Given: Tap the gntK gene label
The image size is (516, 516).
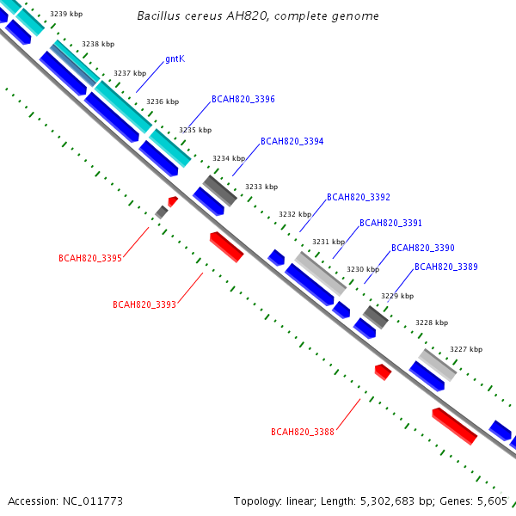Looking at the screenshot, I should pyautogui.click(x=175, y=58).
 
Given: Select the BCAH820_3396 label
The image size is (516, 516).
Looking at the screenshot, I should pyautogui.click(x=243, y=100).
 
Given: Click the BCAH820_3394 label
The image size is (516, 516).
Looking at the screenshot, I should pyautogui.click(x=292, y=141).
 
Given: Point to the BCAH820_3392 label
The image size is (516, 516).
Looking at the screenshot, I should pyautogui.click(x=358, y=198).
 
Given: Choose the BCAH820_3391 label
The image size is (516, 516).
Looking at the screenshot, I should pyautogui.click(x=390, y=224).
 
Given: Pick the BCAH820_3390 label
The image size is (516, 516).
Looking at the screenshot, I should pyautogui.click(x=422, y=248).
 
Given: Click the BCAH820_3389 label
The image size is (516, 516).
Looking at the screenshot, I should pyautogui.click(x=445, y=267).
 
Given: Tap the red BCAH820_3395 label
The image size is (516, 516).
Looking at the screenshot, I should pyautogui.click(x=90, y=258).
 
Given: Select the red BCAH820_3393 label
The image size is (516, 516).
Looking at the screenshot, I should pyautogui.click(x=144, y=304).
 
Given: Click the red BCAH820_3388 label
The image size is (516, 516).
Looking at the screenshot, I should pyautogui.click(x=303, y=432).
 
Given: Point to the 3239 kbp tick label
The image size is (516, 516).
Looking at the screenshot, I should pyautogui.click(x=66, y=15).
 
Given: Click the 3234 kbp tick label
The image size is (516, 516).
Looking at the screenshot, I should pyautogui.click(x=229, y=158).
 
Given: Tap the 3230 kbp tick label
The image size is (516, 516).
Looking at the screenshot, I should pyautogui.click(x=362, y=270).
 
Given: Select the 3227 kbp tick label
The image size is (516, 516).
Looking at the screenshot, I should pyautogui.click(x=466, y=349).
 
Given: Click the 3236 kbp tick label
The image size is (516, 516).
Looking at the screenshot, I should pyautogui.click(x=163, y=101).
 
